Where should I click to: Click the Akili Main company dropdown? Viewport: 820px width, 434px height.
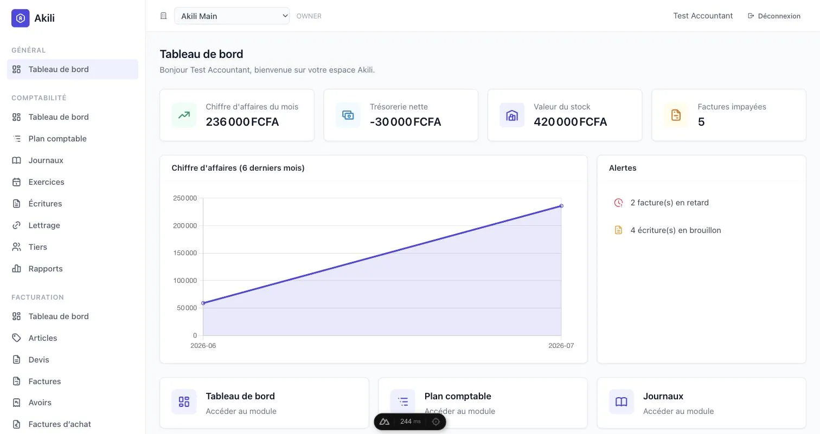coord(232,16)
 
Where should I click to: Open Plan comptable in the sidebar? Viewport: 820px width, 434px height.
coord(57,139)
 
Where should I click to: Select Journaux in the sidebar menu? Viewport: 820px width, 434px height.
coord(46,160)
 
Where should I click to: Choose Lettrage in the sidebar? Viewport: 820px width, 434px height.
coord(44,225)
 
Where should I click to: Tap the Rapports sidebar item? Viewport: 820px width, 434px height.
coord(46,268)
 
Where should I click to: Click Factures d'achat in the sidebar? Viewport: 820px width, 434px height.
coord(60,424)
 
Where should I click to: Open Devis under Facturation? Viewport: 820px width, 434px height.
coord(39,359)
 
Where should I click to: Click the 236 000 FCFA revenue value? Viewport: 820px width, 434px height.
coord(242,122)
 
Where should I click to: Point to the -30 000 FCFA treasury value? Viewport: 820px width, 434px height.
coord(405,122)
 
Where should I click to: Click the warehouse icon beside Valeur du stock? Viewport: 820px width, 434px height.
coord(512,115)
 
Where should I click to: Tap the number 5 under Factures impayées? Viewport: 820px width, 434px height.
coord(701,122)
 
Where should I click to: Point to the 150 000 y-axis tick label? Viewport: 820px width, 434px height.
coord(185,253)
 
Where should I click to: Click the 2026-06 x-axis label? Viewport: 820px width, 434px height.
coord(203,346)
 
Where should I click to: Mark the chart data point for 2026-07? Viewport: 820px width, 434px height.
coord(561,206)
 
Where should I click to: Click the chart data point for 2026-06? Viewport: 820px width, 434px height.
coord(203,303)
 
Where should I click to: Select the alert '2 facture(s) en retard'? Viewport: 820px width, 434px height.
coord(670,203)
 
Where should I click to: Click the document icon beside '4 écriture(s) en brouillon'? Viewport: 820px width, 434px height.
coord(618,230)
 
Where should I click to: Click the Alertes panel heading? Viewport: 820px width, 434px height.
coord(623,168)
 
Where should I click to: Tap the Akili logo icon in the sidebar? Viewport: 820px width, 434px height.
coord(21,18)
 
